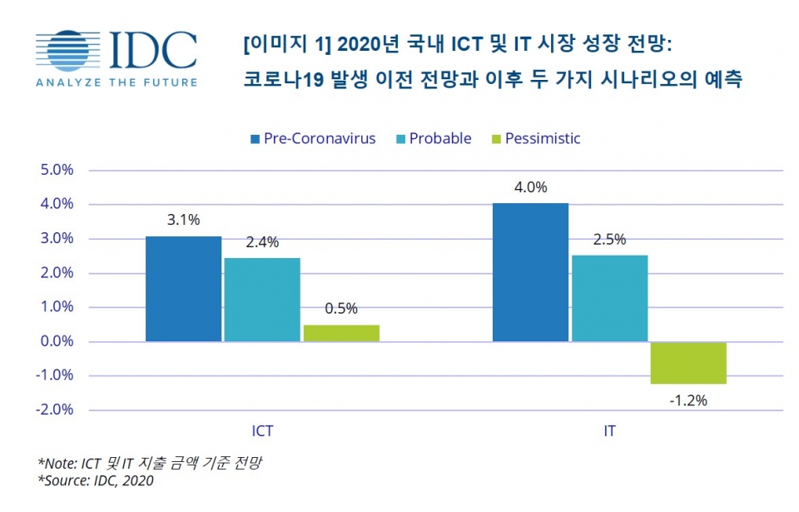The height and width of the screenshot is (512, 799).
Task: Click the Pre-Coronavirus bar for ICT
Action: click(x=183, y=289)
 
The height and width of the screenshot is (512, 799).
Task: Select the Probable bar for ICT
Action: click(x=262, y=300)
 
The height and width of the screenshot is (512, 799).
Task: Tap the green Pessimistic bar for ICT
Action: click(x=341, y=333)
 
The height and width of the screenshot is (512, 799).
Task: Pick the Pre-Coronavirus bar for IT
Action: click(x=530, y=272)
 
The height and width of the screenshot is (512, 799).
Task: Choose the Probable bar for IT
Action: click(x=609, y=298)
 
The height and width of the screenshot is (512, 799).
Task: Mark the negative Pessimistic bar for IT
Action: click(x=688, y=363)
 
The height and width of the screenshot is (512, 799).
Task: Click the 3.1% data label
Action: click(x=183, y=221)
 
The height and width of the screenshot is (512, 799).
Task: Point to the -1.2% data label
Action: click(x=688, y=400)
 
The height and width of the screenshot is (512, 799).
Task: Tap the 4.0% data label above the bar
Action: click(x=530, y=187)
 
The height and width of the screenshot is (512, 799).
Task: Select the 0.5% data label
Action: click(x=341, y=309)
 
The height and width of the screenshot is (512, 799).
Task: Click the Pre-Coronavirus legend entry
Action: click(x=311, y=138)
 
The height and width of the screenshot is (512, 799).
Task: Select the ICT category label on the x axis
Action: click(x=262, y=432)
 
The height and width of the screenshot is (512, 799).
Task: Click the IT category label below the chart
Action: click(x=609, y=432)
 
